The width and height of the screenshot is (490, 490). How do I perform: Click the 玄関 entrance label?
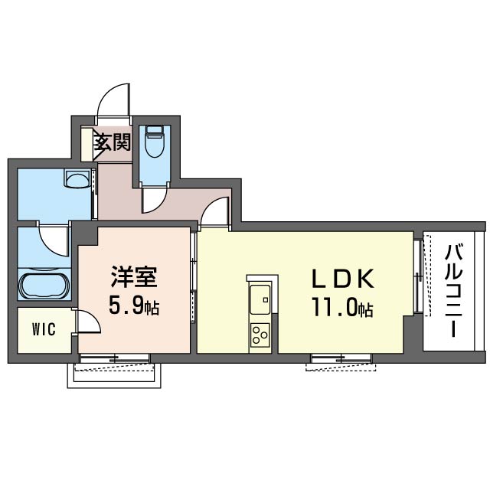[113, 142]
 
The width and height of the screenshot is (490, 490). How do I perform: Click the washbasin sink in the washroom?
[77, 180]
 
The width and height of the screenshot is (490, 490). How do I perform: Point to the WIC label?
[43, 330]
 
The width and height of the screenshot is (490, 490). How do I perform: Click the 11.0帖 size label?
[341, 308]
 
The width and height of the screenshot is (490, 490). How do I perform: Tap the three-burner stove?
[260, 334]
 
